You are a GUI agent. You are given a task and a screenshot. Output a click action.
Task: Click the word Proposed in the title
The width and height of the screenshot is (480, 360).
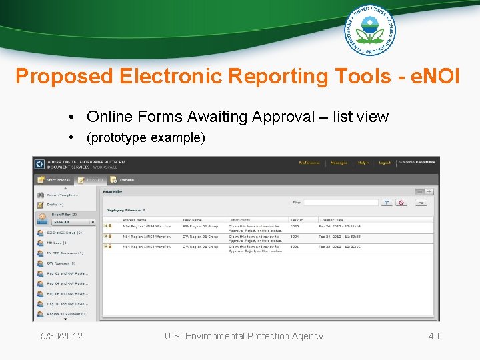pyautogui.click(x=64, y=76)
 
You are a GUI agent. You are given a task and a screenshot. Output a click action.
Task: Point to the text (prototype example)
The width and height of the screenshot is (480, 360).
pyautogui.click(x=146, y=138)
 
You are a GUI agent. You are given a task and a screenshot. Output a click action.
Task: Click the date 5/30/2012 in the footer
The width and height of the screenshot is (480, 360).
pyautogui.click(x=61, y=336)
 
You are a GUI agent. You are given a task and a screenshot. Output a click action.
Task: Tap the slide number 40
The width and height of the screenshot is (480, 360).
pyautogui.click(x=433, y=336)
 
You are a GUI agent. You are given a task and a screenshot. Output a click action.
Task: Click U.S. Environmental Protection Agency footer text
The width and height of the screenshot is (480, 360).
pyautogui.click(x=244, y=336)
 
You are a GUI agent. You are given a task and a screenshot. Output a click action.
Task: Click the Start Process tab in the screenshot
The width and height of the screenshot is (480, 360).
pyautogui.click(x=54, y=179)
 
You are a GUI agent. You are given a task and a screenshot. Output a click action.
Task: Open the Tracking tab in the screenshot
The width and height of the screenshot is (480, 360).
pyautogui.click(x=123, y=179)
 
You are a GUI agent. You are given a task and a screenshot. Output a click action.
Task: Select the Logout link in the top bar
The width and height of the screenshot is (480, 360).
pyautogui.click(x=385, y=163)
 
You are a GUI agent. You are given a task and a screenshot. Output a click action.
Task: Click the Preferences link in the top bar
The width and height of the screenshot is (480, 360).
pyautogui.click(x=309, y=163)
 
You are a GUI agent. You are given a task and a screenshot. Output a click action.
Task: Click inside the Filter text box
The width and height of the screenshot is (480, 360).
pyautogui.click(x=340, y=203)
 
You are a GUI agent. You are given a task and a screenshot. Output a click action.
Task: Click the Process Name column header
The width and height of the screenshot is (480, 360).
pyautogui.click(x=135, y=219)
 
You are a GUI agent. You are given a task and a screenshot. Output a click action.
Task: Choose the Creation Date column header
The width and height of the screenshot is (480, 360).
pyautogui.click(x=333, y=219)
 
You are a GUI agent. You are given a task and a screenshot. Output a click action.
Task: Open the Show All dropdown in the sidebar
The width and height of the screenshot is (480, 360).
pyautogui.click(x=73, y=222)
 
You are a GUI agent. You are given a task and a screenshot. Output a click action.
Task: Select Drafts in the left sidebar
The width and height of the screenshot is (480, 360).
pyautogui.click(x=55, y=205)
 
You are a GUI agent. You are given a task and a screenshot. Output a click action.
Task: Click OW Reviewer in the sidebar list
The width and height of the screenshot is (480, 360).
pyautogui.click(x=61, y=263)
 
